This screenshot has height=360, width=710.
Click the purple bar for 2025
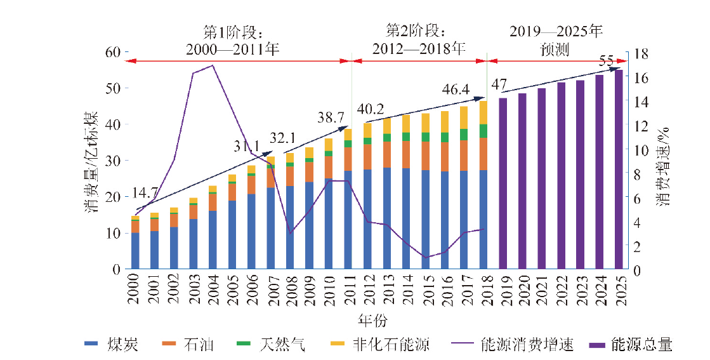click(619, 170)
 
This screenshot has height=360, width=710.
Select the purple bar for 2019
click(503, 183)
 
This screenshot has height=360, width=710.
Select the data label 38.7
click(331, 117)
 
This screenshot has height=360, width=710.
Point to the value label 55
click(606, 61)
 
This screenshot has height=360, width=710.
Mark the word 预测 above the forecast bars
click(555, 48)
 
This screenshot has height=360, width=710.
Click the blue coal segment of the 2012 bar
click(368, 219)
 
